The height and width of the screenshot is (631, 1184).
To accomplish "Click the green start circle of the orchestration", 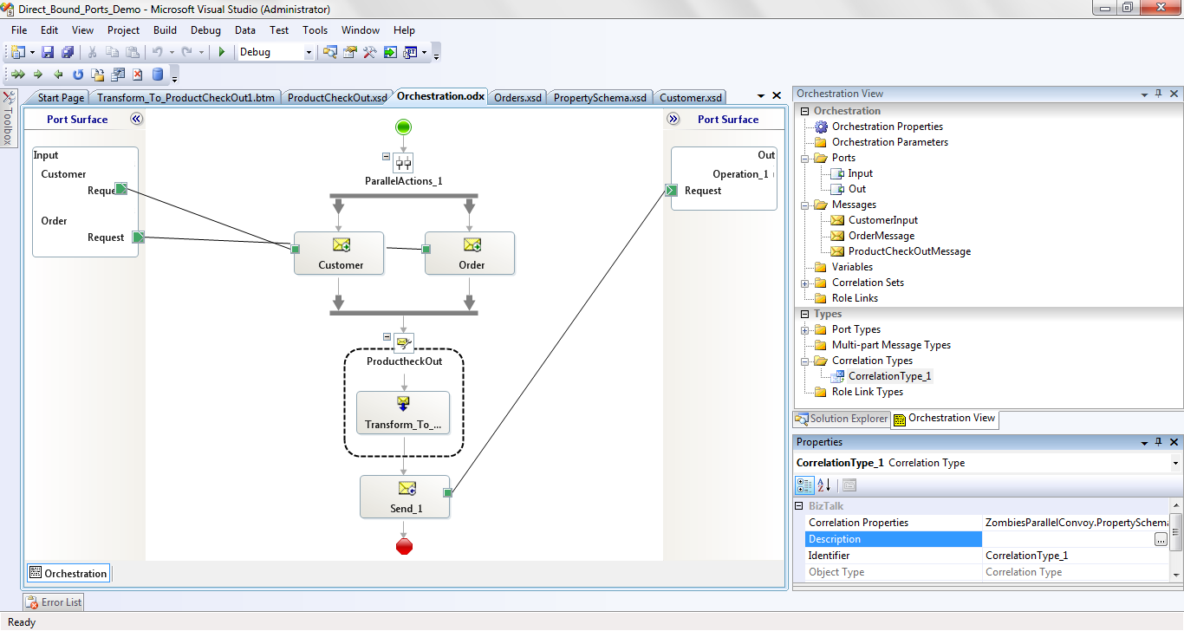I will coord(403,127).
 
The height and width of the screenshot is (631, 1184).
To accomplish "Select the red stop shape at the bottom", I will coord(404,546).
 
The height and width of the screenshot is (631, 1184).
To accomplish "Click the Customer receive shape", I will coord(339,253).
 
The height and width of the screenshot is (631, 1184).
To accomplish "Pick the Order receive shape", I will coord(470,253).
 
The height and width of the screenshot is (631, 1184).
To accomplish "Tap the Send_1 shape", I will coord(405,497).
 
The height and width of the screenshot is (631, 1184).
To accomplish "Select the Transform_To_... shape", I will coord(403,413).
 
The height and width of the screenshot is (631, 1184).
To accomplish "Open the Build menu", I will coord(165,29).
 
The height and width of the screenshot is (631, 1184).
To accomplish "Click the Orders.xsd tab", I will coord(517,97).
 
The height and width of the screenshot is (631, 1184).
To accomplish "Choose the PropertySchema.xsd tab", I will coord(600,97).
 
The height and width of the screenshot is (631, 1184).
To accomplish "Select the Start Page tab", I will coord(61,97).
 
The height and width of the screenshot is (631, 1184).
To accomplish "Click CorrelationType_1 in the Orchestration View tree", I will coord(889,376).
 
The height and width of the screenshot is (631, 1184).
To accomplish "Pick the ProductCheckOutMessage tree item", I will coord(909,251).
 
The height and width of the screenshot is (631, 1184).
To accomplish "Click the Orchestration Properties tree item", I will coord(887,127).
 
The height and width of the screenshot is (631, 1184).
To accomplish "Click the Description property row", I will coord(894,539).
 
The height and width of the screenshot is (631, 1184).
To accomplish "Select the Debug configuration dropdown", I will coord(276,52).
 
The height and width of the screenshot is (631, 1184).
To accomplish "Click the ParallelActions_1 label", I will coord(403,181).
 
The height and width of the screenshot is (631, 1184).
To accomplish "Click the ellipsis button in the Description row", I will coord(1161,539).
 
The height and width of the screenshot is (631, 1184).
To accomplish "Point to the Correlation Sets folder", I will coord(868,283).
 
